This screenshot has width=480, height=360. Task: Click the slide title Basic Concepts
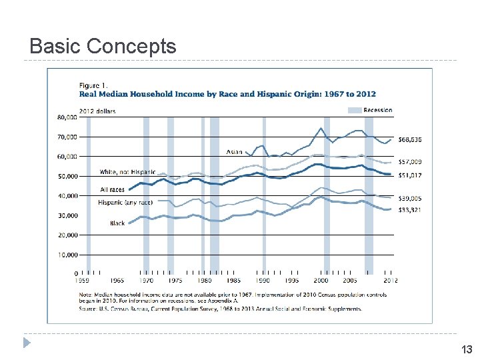pyautogui.click(x=103, y=46)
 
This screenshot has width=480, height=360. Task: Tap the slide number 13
pyautogui.click(x=467, y=349)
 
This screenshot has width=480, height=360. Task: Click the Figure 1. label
pyautogui.click(x=93, y=85)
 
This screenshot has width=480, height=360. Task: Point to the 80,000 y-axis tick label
pyautogui.click(x=66, y=117)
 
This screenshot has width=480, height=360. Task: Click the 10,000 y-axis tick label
pyautogui.click(x=66, y=255)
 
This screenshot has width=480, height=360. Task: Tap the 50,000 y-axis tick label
pyautogui.click(x=66, y=177)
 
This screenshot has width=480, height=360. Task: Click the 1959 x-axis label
pyautogui.click(x=79, y=281)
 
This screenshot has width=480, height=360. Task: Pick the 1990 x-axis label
pyautogui.click(x=265, y=281)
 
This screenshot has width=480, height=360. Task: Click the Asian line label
pyautogui.click(x=234, y=152)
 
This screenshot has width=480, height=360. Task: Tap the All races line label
pyautogui.click(x=112, y=190)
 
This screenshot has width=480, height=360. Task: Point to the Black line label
pyautogui.click(x=117, y=223)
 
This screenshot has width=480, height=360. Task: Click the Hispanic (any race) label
pyautogui.click(x=125, y=202)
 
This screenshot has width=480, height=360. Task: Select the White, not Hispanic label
pyautogui.click(x=127, y=172)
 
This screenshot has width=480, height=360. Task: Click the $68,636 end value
pyautogui.click(x=410, y=139)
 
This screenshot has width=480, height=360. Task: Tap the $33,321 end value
pyautogui.click(x=410, y=211)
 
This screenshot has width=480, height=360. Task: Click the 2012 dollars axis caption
pyautogui.click(x=97, y=111)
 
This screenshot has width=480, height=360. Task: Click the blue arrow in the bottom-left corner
pyautogui.click(x=27, y=343)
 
